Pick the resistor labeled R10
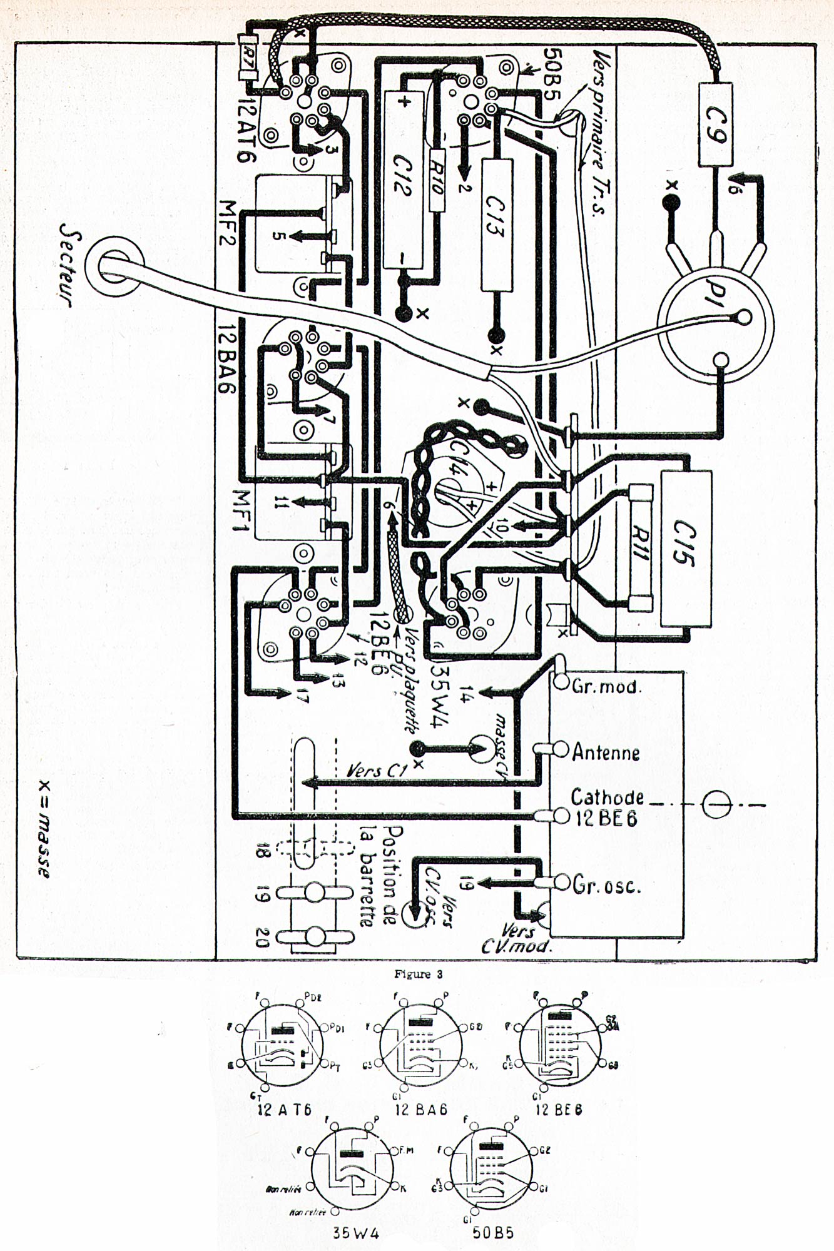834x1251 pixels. point(436,181)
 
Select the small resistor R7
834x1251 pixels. point(248,57)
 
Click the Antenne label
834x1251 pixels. point(606,752)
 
